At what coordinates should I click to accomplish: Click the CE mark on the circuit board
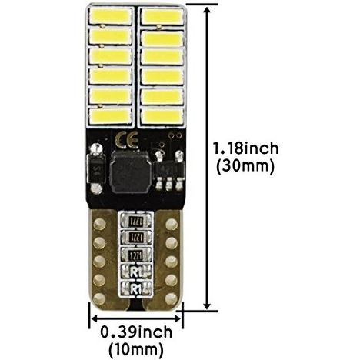click(x=127, y=140)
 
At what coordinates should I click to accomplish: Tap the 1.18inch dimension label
click(x=246, y=148)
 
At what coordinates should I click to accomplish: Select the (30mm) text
click(x=245, y=166)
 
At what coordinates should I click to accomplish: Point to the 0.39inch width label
click(x=136, y=332)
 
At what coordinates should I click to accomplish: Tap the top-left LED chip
click(x=111, y=16)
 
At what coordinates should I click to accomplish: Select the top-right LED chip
click(x=162, y=16)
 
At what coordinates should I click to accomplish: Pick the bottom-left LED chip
click(x=111, y=116)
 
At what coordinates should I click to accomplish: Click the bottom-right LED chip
click(x=162, y=116)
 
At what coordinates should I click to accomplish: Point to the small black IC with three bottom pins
click(x=169, y=170)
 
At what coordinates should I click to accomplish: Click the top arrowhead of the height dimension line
click(x=207, y=10)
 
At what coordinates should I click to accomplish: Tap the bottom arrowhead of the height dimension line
click(x=207, y=305)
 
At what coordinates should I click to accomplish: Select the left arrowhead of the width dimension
click(x=95, y=318)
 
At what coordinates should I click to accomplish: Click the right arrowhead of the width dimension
click(x=177, y=318)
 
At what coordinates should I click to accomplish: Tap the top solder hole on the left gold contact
click(x=99, y=225)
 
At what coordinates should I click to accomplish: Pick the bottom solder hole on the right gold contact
click(x=171, y=298)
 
